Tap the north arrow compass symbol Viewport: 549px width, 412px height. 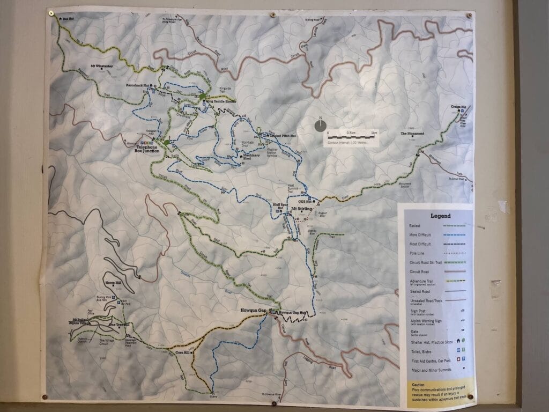pos(320,126)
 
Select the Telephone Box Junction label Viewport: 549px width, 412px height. pos(146,149)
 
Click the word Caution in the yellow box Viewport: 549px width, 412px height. pos(419,385)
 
